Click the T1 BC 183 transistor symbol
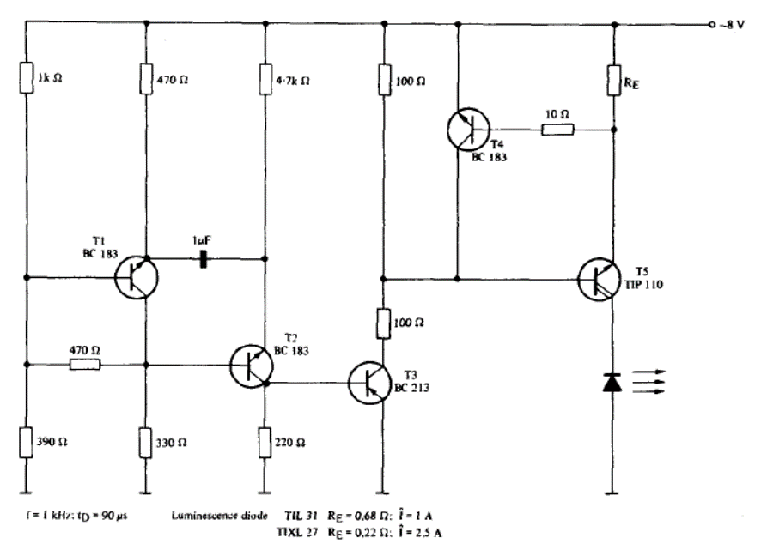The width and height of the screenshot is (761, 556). coord(137,277)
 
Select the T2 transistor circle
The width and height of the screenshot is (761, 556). coord(252,364)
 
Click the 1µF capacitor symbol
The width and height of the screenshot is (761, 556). coord(203,258)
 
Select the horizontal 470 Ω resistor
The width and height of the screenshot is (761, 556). coord(84,364)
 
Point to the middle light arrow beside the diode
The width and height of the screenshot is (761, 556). coord(652,383)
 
